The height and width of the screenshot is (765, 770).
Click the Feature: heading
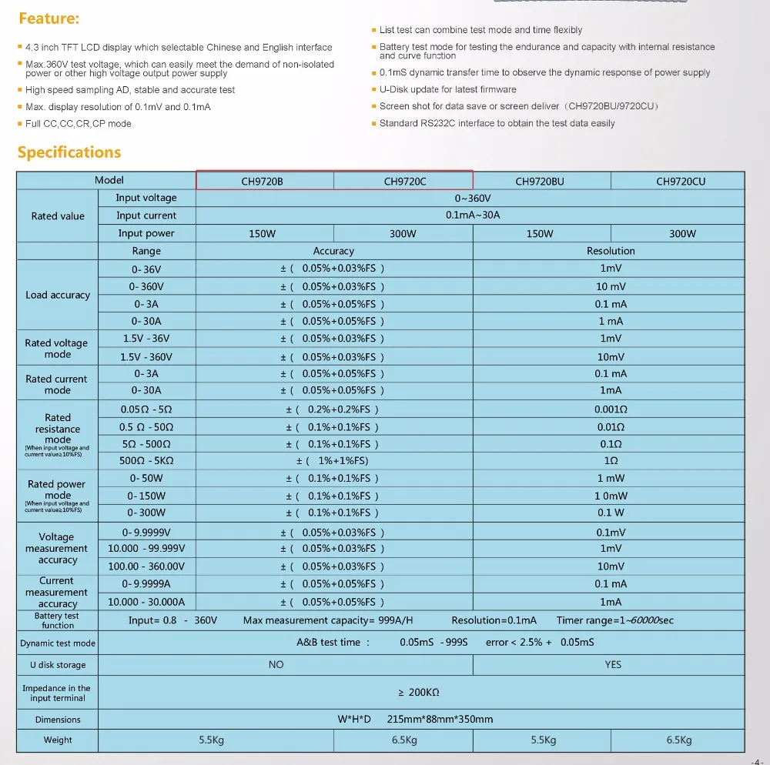click(x=49, y=18)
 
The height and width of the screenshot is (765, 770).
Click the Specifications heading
click(x=69, y=152)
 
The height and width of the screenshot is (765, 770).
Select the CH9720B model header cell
click(x=263, y=181)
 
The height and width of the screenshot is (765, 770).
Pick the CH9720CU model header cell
click(x=680, y=181)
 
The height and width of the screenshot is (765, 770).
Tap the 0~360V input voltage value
click(x=472, y=199)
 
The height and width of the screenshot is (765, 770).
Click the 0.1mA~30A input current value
click(x=472, y=215)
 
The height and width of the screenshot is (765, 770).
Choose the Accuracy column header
click(x=333, y=251)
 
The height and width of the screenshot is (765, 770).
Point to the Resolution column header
click(x=611, y=251)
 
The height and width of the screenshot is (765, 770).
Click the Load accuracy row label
click(x=58, y=295)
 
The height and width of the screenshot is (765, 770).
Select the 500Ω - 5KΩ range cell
click(x=146, y=460)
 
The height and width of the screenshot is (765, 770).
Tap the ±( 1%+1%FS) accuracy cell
click(x=333, y=460)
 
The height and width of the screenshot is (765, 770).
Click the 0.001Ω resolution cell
click(x=611, y=409)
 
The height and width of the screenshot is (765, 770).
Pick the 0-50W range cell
click(x=146, y=478)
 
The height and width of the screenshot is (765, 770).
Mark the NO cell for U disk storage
click(x=276, y=664)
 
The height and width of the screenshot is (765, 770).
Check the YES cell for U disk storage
click(x=612, y=664)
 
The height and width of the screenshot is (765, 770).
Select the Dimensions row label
click(x=58, y=720)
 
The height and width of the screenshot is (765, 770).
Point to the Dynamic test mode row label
click(x=58, y=643)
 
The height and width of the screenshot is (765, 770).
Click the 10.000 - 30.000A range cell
click(x=146, y=602)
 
